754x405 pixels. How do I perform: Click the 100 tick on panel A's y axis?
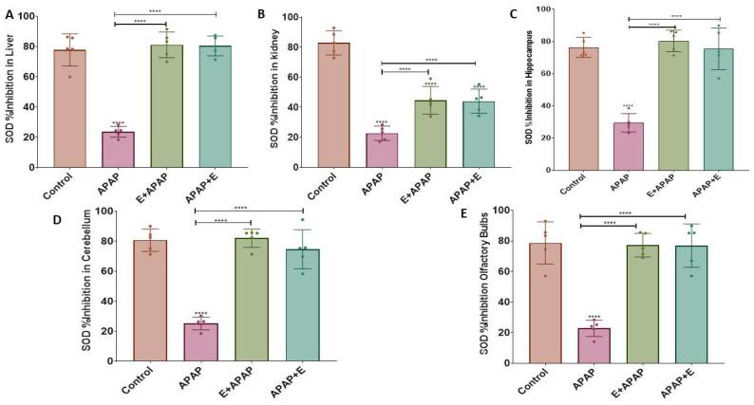(x=30, y=16)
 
